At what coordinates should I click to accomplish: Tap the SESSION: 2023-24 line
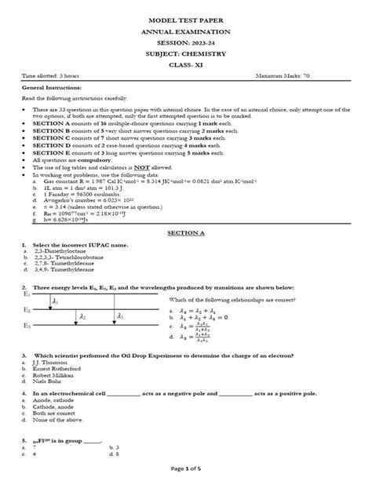[187, 43]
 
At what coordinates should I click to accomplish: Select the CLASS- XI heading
[187, 66]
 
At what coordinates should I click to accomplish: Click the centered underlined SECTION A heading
[186, 235]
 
